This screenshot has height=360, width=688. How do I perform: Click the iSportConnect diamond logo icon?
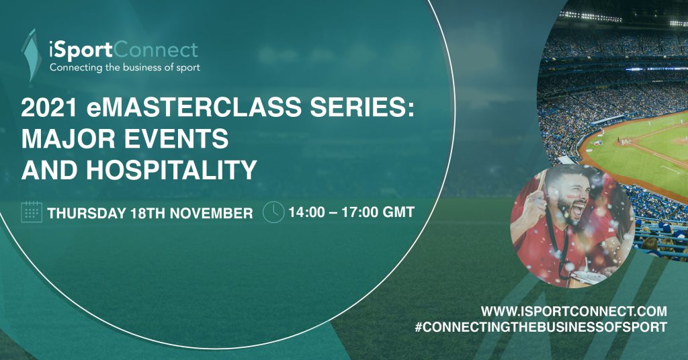(x=31, y=55)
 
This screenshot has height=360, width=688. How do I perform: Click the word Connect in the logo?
(x=156, y=50)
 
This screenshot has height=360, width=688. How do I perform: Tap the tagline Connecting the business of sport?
(x=124, y=68)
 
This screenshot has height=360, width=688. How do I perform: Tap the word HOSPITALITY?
(x=171, y=170)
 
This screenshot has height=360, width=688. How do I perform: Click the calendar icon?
(x=32, y=212)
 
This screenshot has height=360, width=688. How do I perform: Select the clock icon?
(x=273, y=212)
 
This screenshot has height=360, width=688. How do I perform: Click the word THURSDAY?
(x=87, y=213)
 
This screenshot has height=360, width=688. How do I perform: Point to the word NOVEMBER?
(x=211, y=213)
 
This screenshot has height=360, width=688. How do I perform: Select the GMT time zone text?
(x=398, y=212)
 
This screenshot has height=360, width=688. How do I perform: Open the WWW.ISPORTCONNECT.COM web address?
(x=574, y=312)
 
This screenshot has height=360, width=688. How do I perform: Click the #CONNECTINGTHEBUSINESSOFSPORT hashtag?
(x=541, y=327)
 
